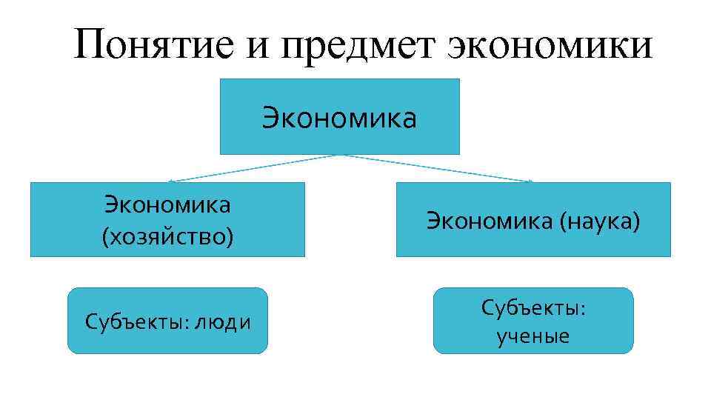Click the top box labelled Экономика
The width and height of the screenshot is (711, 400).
[339, 117]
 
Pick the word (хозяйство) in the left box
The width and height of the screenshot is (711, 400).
[167, 237]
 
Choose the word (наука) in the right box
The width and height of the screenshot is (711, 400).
[601, 221]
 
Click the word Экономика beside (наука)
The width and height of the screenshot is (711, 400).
[490, 221]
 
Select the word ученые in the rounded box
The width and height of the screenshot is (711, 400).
[533, 337]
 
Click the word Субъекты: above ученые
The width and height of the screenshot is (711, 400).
[533, 307]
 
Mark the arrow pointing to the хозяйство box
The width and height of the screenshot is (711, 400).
[252, 168]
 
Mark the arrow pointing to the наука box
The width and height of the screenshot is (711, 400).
[437, 168]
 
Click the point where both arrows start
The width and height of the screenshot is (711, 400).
[340, 155]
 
